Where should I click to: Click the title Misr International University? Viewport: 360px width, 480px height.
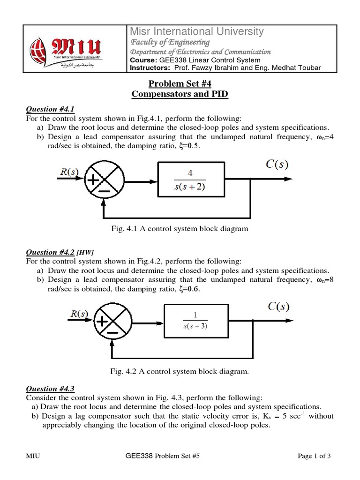(196, 31)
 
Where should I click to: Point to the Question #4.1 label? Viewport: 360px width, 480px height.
(44, 109)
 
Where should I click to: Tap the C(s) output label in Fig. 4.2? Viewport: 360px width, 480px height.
(278, 307)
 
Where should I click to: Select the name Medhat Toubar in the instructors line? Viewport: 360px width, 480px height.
(300, 68)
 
